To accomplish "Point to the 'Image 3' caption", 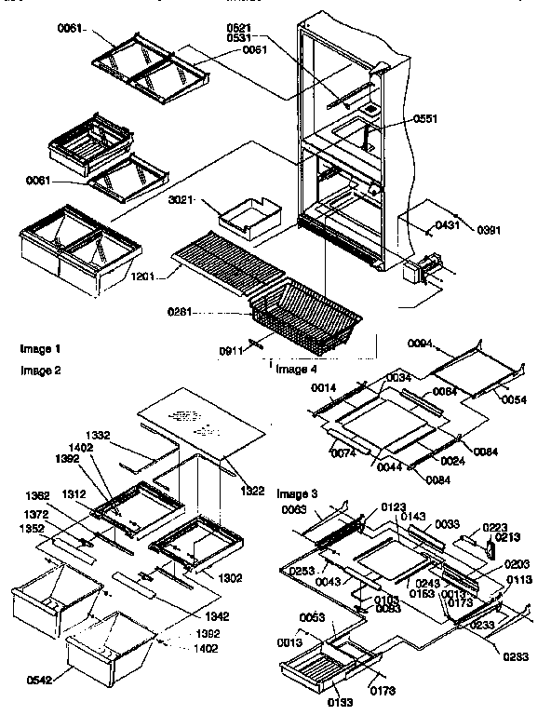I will click(297, 491).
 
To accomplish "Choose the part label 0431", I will click(450, 224).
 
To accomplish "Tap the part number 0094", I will click(421, 344).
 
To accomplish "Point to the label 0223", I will click(495, 526).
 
